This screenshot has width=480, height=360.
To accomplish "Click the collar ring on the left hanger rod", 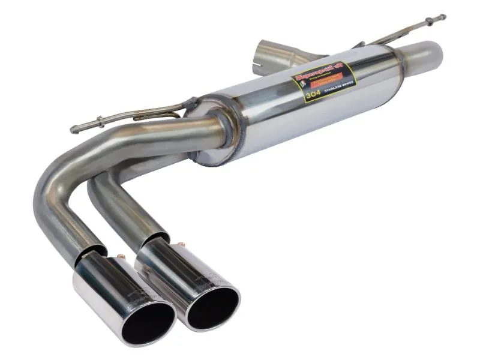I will (99, 124).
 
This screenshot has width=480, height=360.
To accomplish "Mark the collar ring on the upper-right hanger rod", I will (427, 22).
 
